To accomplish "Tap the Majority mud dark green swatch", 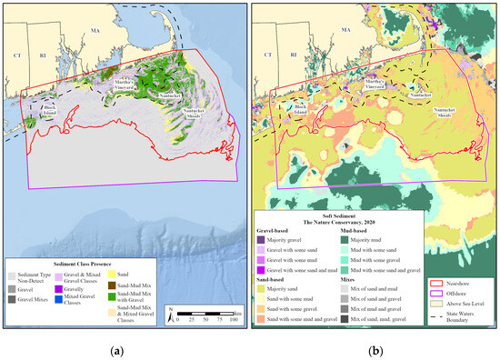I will [x=345, y=238].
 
